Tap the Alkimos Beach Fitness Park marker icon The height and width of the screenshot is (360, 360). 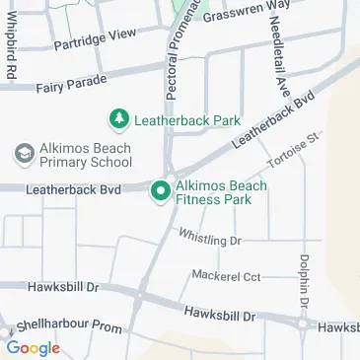(x=159, y=190)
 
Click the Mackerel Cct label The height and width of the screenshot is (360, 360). (x=226, y=274)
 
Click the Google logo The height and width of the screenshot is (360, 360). (x=33, y=347)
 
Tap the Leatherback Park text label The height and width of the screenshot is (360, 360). (x=187, y=120)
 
